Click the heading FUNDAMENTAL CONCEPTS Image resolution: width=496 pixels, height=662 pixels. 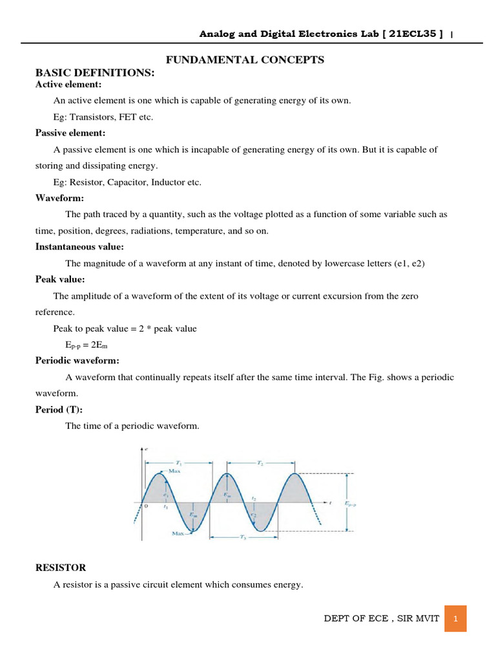pyautogui.click(x=245, y=60)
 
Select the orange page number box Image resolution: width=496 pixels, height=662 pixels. pyautogui.click(x=455, y=619)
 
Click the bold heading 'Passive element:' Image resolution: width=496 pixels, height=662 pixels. pyautogui.click(x=70, y=133)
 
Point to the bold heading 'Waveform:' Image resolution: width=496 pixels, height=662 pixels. pyautogui.click(x=59, y=198)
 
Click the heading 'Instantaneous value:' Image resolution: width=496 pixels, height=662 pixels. pyautogui.click(x=79, y=246)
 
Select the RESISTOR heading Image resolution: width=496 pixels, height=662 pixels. pyautogui.click(x=60, y=568)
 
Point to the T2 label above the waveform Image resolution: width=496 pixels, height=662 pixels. pyautogui.click(x=260, y=463)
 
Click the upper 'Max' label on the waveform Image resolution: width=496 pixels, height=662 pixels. pyautogui.click(x=174, y=472)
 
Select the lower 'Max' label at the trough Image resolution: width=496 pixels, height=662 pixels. pyautogui.click(x=179, y=533)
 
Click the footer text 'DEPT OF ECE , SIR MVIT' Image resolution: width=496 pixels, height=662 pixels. pyautogui.click(x=381, y=619)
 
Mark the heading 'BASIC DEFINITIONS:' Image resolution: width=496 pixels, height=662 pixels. pyautogui.click(x=95, y=73)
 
